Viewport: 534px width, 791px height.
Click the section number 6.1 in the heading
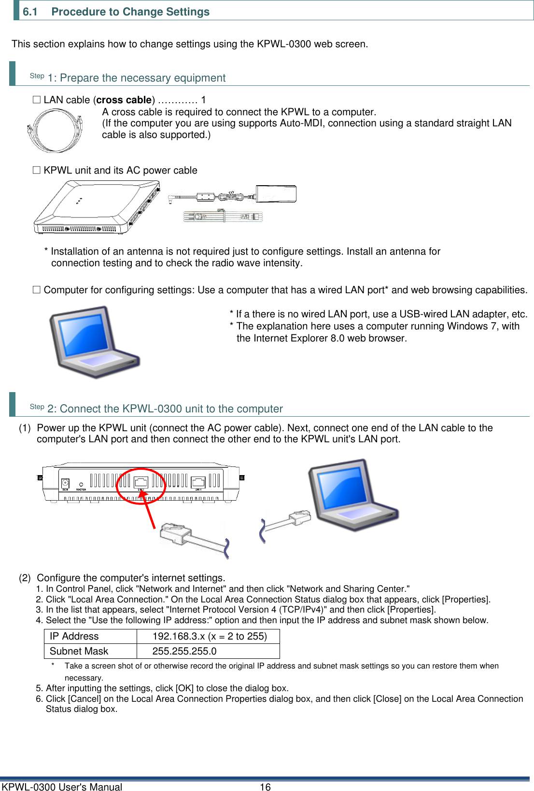(30, 12)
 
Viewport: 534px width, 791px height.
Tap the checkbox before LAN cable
(36, 100)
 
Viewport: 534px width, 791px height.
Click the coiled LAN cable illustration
(55, 130)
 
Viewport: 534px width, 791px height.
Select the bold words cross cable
(124, 100)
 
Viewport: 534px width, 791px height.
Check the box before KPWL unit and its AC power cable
(36, 170)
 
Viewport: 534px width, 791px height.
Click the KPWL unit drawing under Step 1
(97, 207)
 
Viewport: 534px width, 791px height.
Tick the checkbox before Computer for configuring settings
(36, 290)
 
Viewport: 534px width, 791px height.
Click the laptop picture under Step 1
(94, 341)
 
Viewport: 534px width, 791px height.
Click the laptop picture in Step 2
(352, 494)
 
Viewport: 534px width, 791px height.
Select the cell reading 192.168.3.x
(208, 636)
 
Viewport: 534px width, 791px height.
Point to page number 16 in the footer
(265, 787)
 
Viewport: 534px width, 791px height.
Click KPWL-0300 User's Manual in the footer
(62, 787)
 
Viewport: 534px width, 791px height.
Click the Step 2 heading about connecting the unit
(165, 409)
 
